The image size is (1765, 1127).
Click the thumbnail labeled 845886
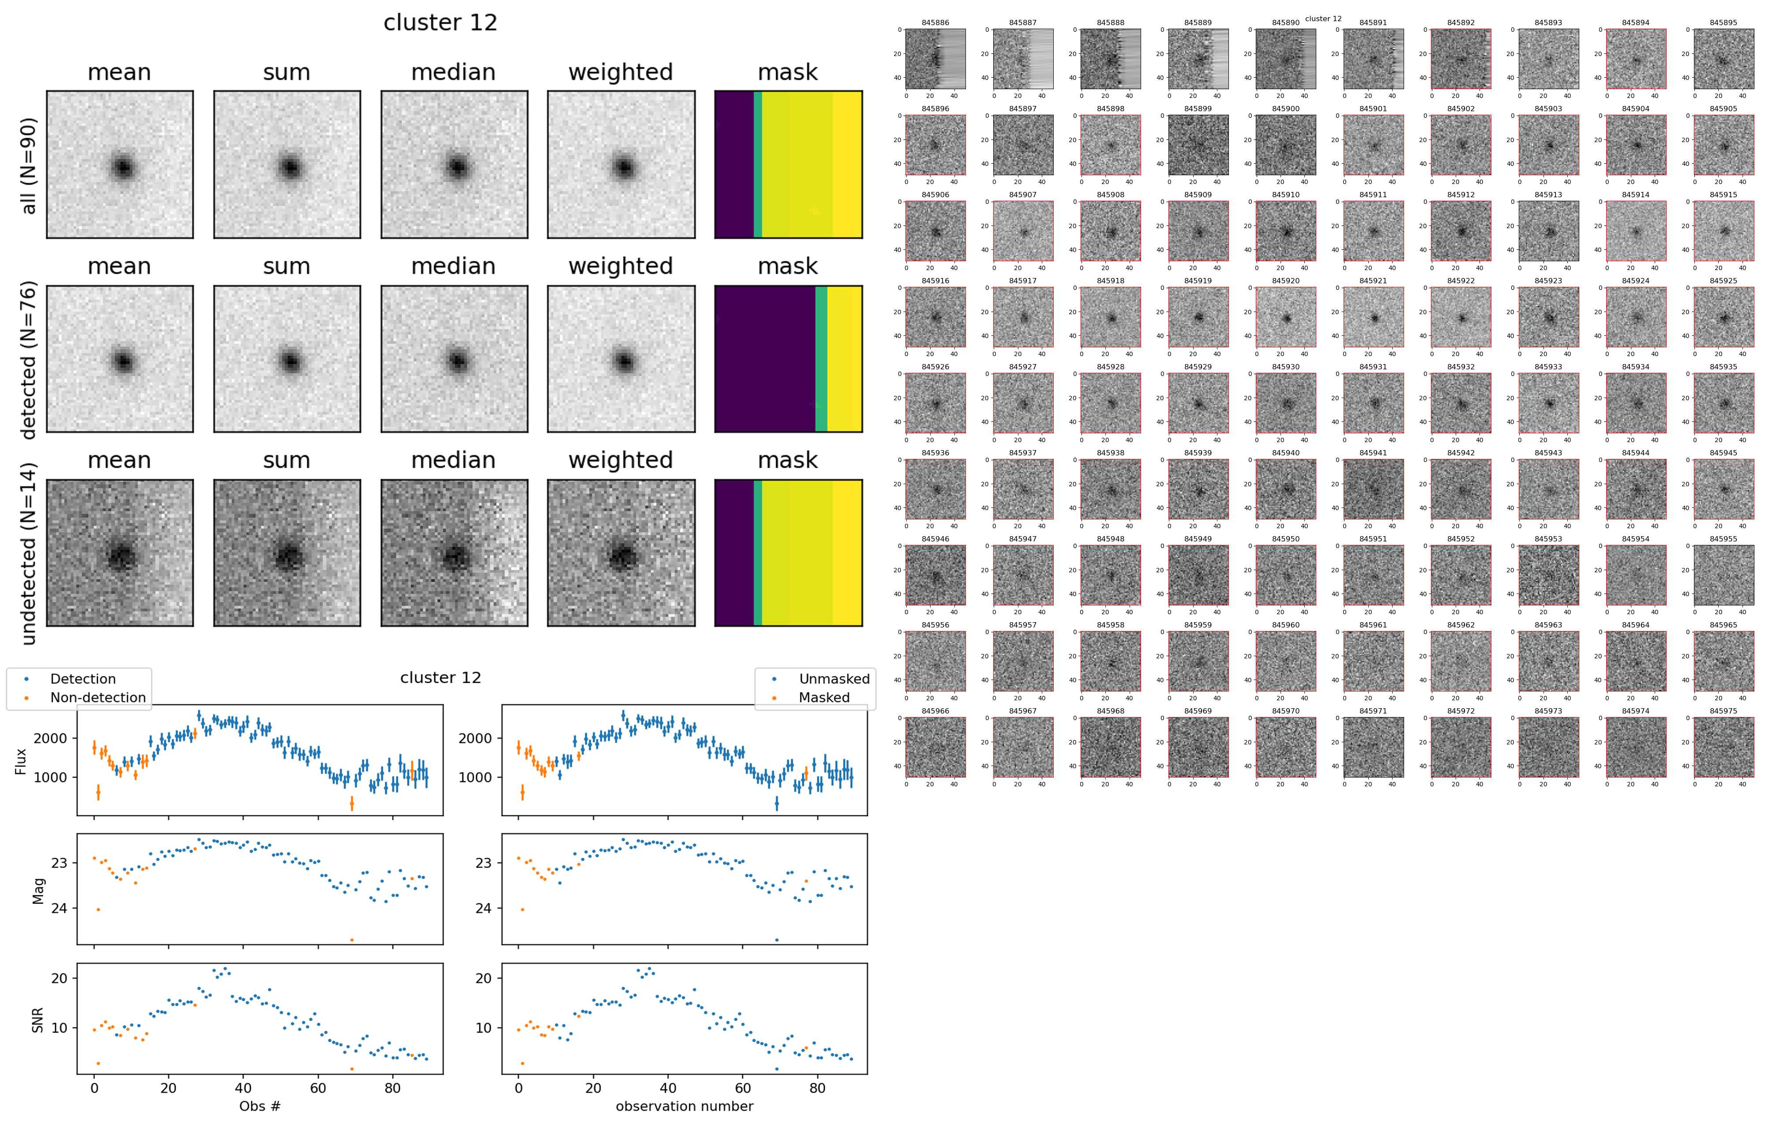tap(935, 59)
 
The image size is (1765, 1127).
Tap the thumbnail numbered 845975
tap(1723, 748)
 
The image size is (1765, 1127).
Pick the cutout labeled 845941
tap(1373, 489)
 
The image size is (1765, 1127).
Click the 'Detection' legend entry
tap(82, 679)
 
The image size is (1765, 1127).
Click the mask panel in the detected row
tap(788, 359)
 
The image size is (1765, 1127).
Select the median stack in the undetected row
tap(454, 553)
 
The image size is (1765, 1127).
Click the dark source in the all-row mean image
tap(122, 168)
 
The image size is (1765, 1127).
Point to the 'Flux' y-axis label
tap(21, 761)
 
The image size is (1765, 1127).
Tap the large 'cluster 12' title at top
tap(440, 23)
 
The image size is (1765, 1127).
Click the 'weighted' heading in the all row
tap(620, 72)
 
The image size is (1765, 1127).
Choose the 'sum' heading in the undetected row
tap(287, 460)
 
